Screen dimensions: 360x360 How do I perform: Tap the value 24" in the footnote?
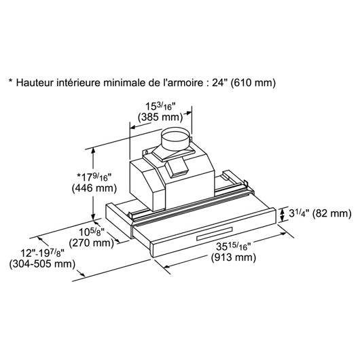pyautogui.click(x=219, y=82)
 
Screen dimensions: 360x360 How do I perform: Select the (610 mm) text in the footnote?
pyautogui.click(x=253, y=83)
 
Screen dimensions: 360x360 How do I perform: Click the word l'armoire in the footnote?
pyautogui.click(x=181, y=83)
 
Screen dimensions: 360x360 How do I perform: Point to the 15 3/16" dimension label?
pyautogui.click(x=160, y=107)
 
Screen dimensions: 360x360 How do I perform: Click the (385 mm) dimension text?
pyautogui.click(x=160, y=118)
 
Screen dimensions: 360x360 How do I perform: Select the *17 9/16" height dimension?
pyautogui.click(x=94, y=177)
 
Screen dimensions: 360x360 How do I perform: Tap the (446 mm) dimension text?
pyautogui.click(x=94, y=189)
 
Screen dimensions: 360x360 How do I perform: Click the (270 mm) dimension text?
pyautogui.click(x=92, y=243)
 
